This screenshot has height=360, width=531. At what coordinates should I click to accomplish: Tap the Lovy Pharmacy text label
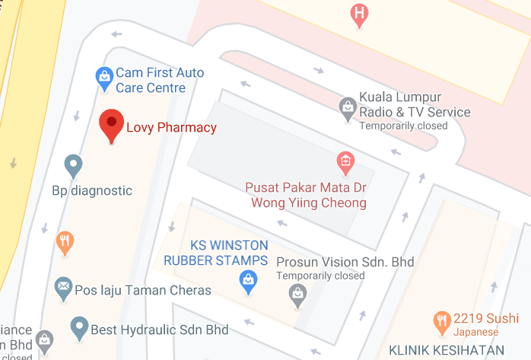coord(171,128)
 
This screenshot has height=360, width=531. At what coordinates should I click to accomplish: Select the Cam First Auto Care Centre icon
coord(103,76)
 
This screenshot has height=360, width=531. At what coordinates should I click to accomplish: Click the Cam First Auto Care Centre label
coord(160,81)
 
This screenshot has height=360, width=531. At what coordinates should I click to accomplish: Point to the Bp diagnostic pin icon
coord(73,165)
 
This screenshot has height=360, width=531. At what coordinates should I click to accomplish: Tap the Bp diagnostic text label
coord(92,190)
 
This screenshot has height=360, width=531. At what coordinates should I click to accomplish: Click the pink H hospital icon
coord(358,14)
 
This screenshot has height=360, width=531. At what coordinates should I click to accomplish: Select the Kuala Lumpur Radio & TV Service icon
coord(347,107)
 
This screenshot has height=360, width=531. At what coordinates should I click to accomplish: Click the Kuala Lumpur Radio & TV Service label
coord(414,107)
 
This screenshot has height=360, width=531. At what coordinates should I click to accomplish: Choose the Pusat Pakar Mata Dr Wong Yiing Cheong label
coord(306,196)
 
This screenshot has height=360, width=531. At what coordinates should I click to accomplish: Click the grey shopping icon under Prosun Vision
coord(298,293)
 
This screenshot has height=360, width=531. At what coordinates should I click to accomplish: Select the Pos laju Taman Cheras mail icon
coord(62,288)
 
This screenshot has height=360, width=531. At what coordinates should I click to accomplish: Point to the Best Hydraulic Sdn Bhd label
coord(159,330)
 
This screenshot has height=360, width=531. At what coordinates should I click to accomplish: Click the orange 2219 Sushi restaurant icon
coord(440,322)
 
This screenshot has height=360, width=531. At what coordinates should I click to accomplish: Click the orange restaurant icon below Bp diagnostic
coord(65,243)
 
